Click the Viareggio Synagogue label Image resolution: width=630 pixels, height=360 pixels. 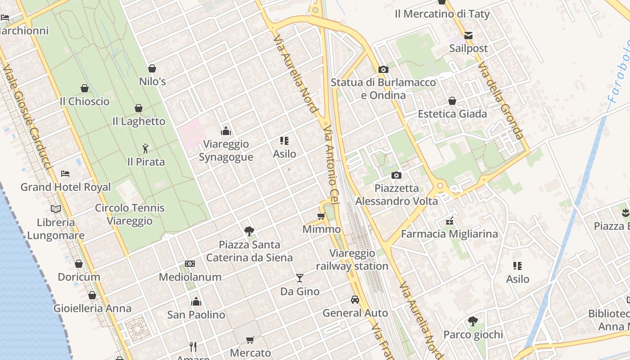226,151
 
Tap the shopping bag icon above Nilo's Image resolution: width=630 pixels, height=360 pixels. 152,68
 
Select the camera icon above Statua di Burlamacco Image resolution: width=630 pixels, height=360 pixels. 383,69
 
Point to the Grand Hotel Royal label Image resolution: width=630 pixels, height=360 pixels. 66,187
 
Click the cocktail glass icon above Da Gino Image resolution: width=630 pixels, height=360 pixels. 300,278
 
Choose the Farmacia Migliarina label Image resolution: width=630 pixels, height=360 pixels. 449,234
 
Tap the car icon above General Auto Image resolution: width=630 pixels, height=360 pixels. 355,300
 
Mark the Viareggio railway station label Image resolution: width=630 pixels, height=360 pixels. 352,260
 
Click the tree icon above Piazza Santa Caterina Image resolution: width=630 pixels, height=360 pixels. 249,231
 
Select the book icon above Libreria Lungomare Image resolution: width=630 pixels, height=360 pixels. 56,209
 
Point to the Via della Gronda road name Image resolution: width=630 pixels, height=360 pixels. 501,101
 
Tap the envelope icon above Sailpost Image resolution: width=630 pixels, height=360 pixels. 468,35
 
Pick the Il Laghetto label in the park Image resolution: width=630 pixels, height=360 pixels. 139,121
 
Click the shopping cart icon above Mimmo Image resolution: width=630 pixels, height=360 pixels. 321,216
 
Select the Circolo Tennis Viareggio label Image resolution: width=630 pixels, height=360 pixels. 130,214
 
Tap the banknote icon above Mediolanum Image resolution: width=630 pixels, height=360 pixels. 190,264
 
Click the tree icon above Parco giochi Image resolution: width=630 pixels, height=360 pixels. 473,321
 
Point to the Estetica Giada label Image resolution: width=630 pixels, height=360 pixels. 452,114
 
